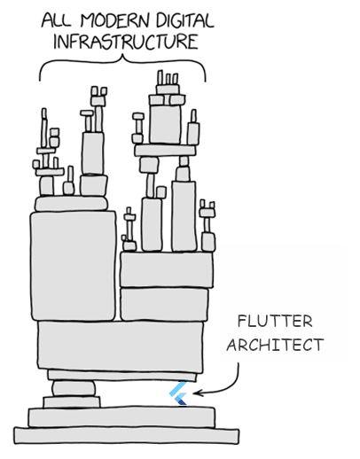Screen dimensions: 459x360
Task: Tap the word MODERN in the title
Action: tap(115, 19)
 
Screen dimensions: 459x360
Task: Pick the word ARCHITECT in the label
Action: tap(274, 345)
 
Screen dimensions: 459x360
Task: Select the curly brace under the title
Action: tap(122, 62)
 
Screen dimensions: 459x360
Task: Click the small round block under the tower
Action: tap(75, 388)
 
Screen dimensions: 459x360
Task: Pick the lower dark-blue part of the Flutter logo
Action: tap(182, 400)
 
